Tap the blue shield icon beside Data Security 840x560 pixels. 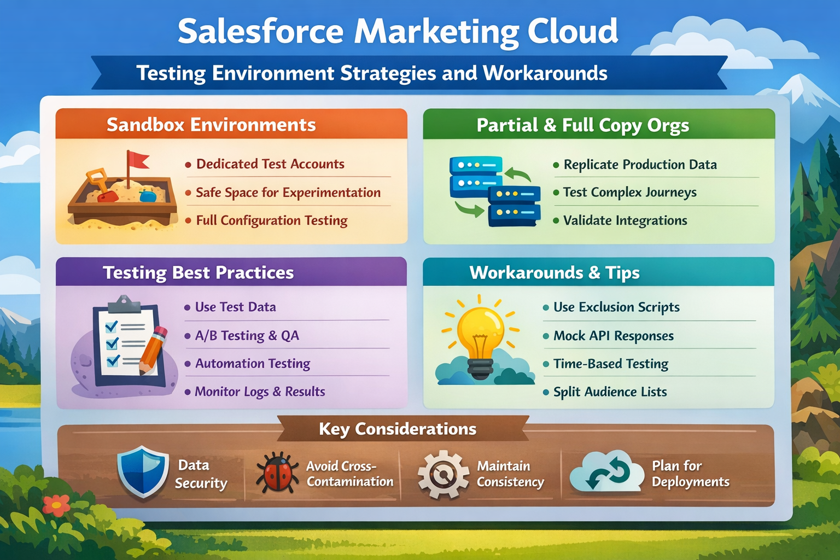[143, 471]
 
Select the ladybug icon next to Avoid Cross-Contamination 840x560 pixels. [278, 472]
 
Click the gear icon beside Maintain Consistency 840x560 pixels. [443, 474]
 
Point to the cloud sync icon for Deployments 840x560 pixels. [606, 472]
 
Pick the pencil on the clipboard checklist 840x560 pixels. [154, 350]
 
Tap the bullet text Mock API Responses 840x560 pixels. [613, 336]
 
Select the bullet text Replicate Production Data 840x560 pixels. [640, 165]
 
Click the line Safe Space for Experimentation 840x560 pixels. [288, 192]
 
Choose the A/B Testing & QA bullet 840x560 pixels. [247, 336]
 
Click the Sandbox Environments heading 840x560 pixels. [211, 125]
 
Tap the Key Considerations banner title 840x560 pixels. [398, 429]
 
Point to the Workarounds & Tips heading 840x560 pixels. [555, 272]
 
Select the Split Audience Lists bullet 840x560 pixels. [610, 392]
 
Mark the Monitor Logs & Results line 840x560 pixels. [260, 392]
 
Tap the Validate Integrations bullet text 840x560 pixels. [625, 220]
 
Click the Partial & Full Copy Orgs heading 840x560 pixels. [582, 125]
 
